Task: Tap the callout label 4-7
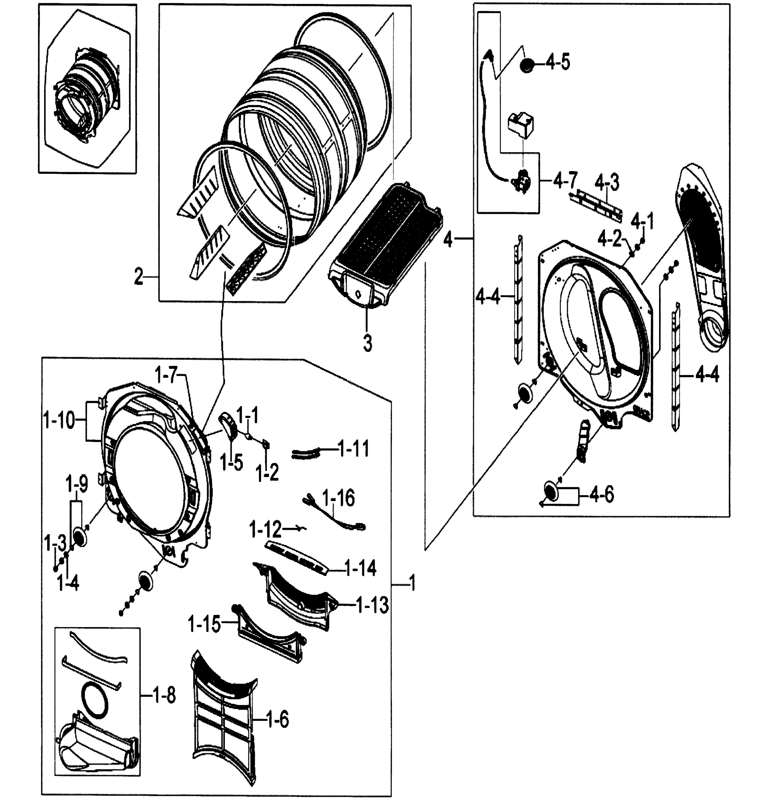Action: pyautogui.click(x=566, y=180)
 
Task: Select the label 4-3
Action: pyautogui.click(x=607, y=182)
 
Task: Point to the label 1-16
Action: pyautogui.click(x=338, y=498)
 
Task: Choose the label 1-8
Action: pyautogui.click(x=163, y=696)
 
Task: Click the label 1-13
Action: pyautogui.click(x=372, y=605)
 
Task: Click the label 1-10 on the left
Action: pyautogui.click(x=59, y=421)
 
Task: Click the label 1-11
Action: pyautogui.click(x=354, y=449)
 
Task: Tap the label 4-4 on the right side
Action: pyautogui.click(x=707, y=376)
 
